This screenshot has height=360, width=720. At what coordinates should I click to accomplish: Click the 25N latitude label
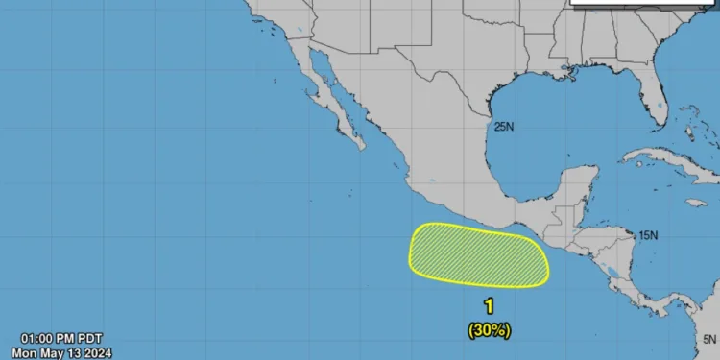[504, 126]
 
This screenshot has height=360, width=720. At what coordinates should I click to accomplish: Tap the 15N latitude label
[649, 234]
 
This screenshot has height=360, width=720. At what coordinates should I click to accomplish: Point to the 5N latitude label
[708, 338]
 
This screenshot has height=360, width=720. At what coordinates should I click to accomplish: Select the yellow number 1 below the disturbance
[489, 307]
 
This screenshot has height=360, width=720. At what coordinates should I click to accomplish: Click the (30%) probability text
[489, 329]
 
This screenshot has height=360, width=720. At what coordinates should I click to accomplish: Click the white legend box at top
[643, 3]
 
